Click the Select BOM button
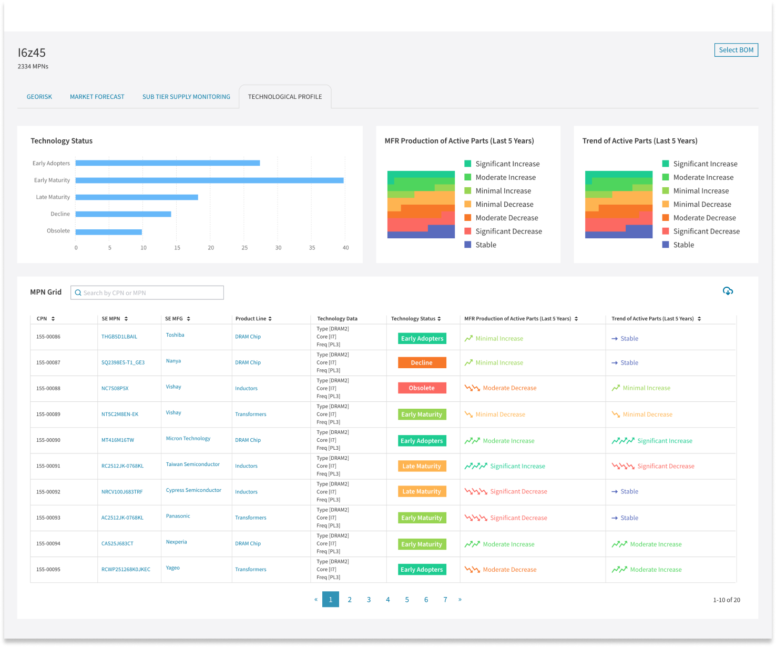(x=736, y=50)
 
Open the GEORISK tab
(x=39, y=97)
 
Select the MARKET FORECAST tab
(x=97, y=97)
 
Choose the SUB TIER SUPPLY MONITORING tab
(x=186, y=97)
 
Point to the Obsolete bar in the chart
(x=109, y=231)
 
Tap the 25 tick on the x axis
(x=244, y=248)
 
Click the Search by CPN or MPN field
(x=147, y=293)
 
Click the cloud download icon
(x=728, y=291)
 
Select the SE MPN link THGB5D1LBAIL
(x=119, y=337)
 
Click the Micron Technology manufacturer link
(x=188, y=438)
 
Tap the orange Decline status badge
(x=422, y=363)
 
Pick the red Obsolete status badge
(x=422, y=388)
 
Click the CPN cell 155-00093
(x=48, y=518)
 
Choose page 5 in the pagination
(x=407, y=600)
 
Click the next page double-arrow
(x=460, y=600)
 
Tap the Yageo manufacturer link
(x=173, y=568)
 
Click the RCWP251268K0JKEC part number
(x=126, y=570)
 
